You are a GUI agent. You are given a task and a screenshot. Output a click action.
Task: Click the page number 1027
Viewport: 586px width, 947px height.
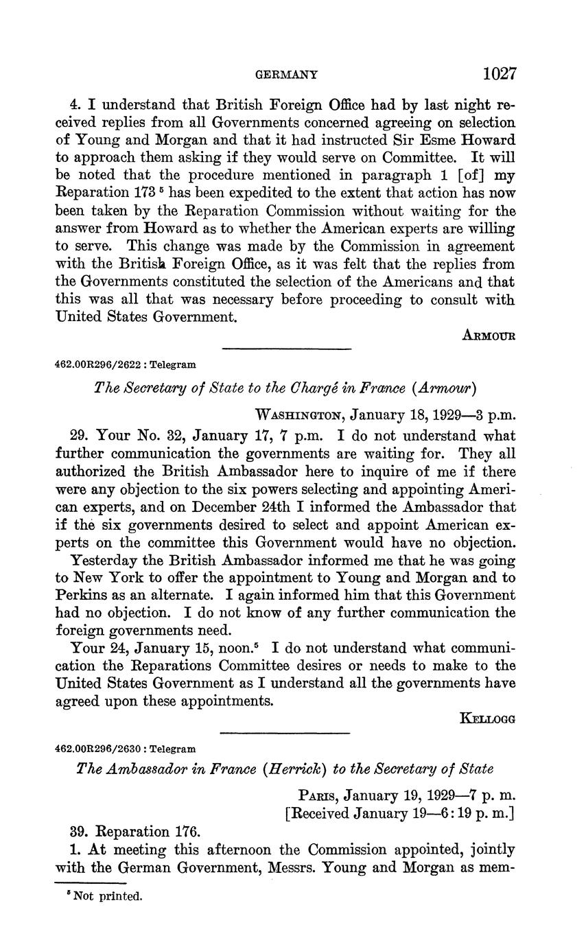tap(499, 73)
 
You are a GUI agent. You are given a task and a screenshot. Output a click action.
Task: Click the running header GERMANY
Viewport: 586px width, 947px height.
tap(286, 75)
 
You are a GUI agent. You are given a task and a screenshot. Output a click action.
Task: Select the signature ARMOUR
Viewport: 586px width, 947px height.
tap(489, 336)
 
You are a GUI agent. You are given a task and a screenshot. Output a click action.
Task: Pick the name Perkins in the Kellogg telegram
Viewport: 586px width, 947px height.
tap(81, 594)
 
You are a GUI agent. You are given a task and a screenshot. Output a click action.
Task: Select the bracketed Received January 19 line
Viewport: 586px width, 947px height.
tap(399, 814)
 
